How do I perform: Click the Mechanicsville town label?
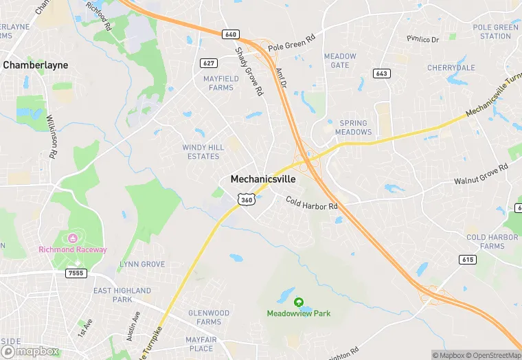pos(263,179)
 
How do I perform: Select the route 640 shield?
pos(230,34)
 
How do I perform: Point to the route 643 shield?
pos(382,73)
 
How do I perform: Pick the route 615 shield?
pos(468,259)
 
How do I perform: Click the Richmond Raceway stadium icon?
pos(71,238)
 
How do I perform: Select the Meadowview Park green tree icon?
pos(299,302)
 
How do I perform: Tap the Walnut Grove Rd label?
pos(480,175)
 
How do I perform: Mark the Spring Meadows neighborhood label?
pos(354,127)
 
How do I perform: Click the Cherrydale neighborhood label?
pos(451,68)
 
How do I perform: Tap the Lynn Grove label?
pos(142,264)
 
